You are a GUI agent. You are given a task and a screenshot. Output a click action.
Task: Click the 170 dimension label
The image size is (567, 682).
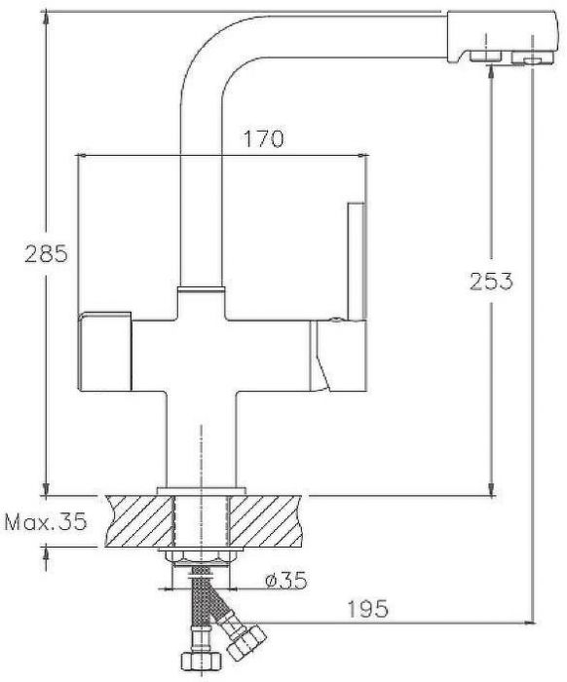pos(263,138)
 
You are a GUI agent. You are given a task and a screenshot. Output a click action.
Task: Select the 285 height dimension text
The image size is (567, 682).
pos(46,253)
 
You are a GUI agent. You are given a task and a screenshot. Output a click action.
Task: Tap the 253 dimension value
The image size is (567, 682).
pos(491,281)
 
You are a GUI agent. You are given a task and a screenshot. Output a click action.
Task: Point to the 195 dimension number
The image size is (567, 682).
pos(367,609)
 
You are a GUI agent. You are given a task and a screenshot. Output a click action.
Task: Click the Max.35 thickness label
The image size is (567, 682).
pos(46,521)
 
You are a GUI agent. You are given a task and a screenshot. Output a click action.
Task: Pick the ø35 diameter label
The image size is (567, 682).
pos(286,581)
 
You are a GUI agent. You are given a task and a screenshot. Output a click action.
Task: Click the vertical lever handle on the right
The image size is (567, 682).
pos(357,261)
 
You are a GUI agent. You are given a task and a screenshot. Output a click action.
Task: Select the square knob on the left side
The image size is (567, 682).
pos(104,351)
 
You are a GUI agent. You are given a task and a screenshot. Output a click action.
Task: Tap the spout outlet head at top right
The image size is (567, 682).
pos(502,38)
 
